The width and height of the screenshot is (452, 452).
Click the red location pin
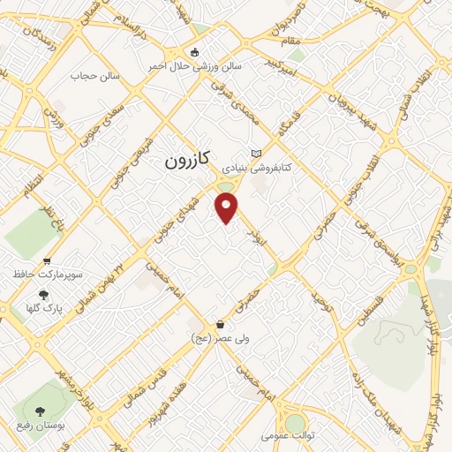click(x=227, y=207)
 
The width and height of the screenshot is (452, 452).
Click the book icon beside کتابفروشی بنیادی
click(x=256, y=152)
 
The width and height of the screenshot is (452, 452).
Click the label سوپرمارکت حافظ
click(x=48, y=275)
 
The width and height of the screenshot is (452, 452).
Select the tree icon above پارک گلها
click(x=44, y=296)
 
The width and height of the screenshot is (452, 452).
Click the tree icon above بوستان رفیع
click(x=39, y=411)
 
